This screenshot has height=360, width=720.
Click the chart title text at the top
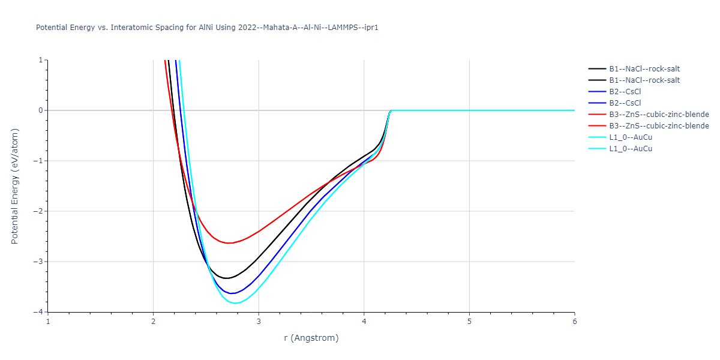[207, 28]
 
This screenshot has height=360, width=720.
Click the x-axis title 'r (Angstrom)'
[311, 338]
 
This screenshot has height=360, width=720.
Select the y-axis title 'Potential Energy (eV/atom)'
[15, 185]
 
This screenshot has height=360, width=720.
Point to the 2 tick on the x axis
[153, 321]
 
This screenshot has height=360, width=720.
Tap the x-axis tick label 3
[259, 321]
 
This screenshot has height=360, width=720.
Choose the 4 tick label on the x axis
[364, 321]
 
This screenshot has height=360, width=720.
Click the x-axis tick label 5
[469, 321]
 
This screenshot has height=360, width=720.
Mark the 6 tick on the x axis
[574, 321]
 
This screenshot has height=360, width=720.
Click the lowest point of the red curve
[229, 243]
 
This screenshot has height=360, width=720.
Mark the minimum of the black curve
[226, 278]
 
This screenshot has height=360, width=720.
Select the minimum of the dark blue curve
[232, 293]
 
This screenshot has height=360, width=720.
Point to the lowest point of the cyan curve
[235, 303]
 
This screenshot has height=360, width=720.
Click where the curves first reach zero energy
[391, 110]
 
